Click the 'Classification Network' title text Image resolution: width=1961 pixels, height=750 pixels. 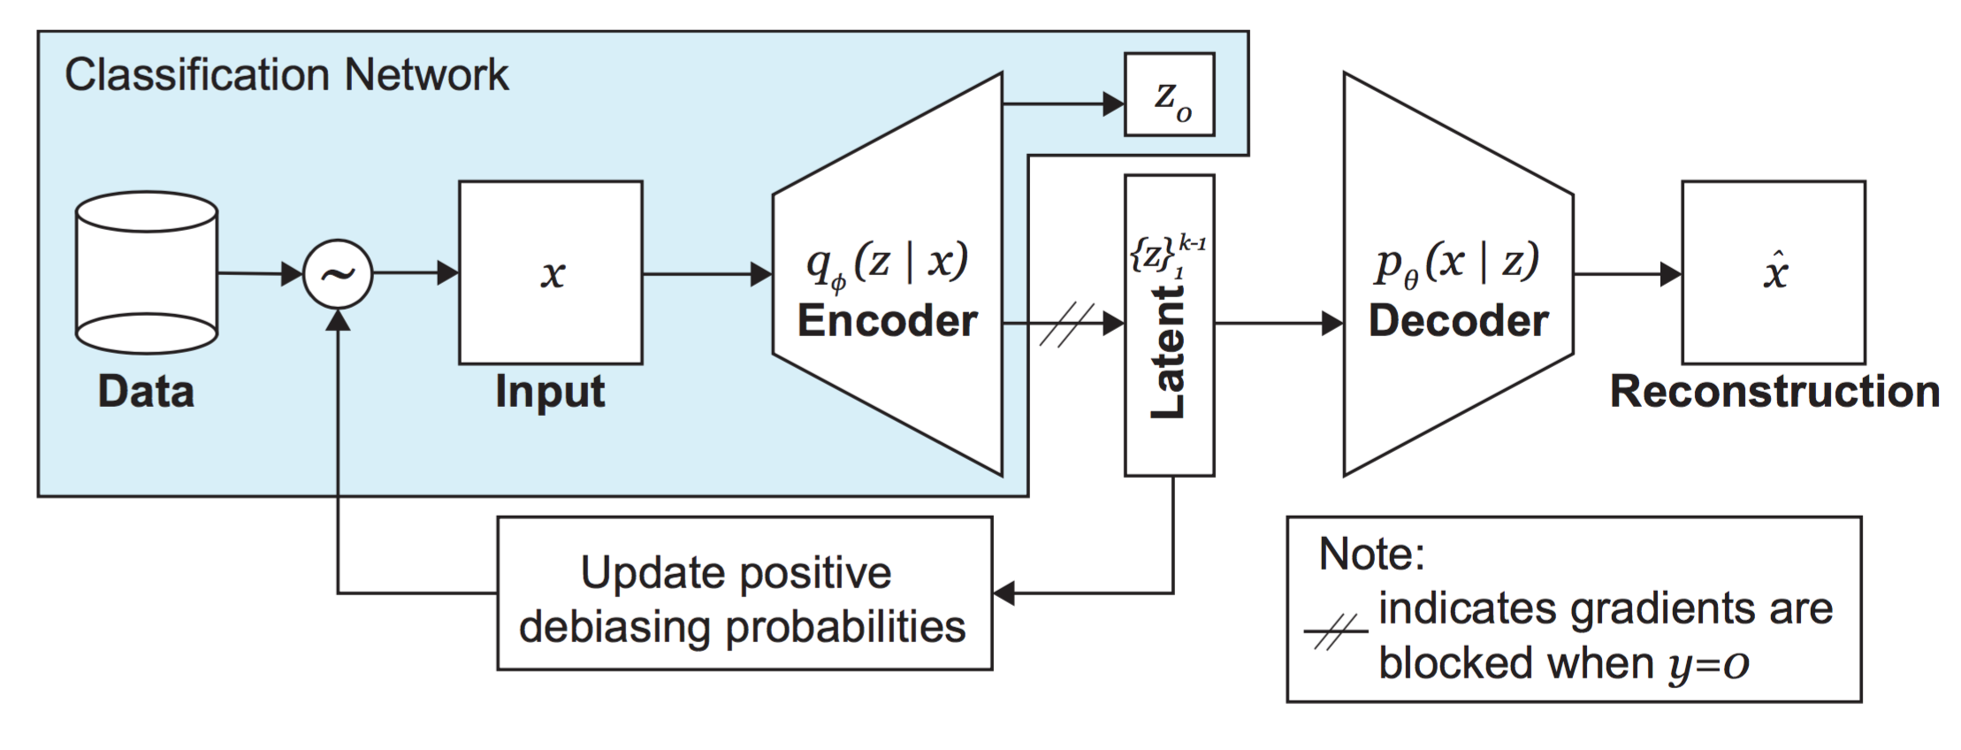coord(286,74)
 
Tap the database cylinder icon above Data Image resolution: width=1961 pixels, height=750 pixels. coord(147,273)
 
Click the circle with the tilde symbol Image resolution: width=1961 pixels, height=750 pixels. coord(338,274)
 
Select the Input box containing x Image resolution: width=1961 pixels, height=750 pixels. coord(550,272)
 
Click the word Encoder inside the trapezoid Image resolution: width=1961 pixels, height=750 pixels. coord(887,320)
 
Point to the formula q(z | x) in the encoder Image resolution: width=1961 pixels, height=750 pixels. coord(887,262)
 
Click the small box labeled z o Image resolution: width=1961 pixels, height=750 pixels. coord(1169,95)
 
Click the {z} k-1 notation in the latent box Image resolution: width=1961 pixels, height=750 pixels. coord(1167,255)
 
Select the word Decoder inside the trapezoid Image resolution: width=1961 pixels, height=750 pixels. coord(1458,320)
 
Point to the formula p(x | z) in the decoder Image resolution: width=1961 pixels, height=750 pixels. coord(1457,262)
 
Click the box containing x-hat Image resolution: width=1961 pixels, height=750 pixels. coord(1773,272)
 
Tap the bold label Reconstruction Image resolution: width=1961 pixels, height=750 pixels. coord(1774,391)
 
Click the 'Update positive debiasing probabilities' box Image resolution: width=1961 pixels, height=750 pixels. coord(744,593)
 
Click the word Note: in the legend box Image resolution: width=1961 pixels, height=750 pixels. coord(1371,555)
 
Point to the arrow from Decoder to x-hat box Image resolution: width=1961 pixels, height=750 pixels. coord(1626,274)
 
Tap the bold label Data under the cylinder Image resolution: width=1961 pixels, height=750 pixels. coord(146,391)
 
